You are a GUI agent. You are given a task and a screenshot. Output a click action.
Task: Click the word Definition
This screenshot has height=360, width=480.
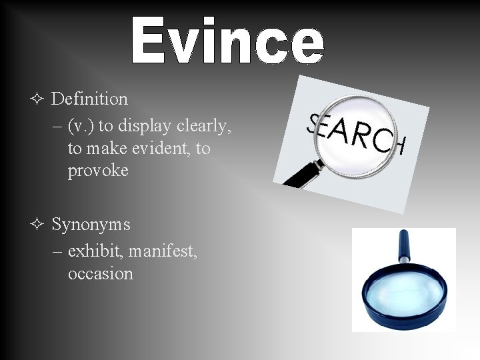point(89,99)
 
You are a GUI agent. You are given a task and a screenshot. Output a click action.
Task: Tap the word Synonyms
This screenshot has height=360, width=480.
point(91,225)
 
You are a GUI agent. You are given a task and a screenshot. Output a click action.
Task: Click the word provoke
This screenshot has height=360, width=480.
point(97,171)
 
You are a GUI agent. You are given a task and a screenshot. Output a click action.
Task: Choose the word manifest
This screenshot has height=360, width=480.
point(163,251)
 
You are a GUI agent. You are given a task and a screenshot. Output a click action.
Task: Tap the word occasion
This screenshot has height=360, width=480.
point(100,274)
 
